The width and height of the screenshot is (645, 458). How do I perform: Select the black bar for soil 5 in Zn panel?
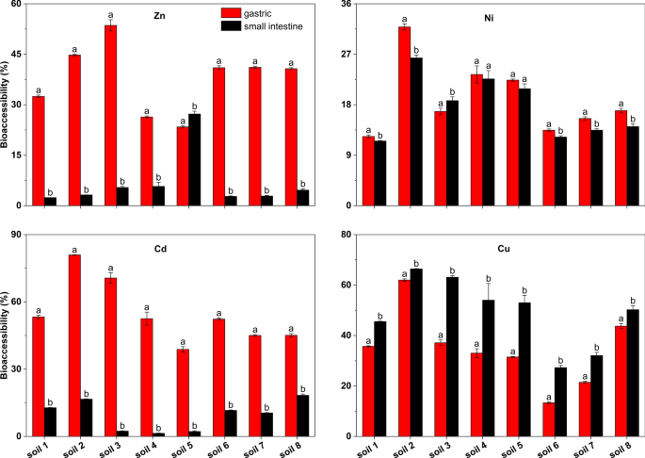tap(195, 159)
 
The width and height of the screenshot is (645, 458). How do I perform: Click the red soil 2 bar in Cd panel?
tap(73, 345)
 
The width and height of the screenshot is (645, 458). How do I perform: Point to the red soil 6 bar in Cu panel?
tap(549, 419)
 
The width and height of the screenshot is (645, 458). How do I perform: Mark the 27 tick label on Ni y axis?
tap(344, 55)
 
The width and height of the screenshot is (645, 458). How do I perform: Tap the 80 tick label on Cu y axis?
tap(344, 236)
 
